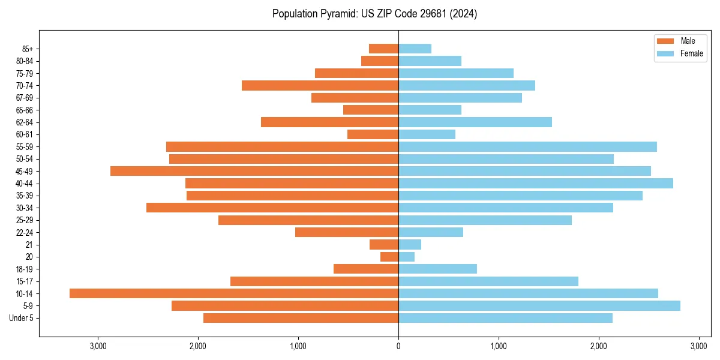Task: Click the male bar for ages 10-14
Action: (x=234, y=293)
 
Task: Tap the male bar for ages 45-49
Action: (x=254, y=171)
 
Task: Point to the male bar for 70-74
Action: (x=320, y=86)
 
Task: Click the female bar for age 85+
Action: (x=415, y=49)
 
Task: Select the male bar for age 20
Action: (x=389, y=257)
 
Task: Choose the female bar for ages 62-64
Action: (x=475, y=122)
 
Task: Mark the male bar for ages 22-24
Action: (x=347, y=232)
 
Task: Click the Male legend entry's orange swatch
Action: (x=666, y=41)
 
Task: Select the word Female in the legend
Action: (x=691, y=53)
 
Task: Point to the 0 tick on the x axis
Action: (x=398, y=347)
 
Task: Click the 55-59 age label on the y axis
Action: (x=25, y=147)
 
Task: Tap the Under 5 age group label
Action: (x=22, y=318)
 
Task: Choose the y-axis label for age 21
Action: (x=29, y=245)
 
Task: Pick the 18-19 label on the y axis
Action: (x=25, y=269)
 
